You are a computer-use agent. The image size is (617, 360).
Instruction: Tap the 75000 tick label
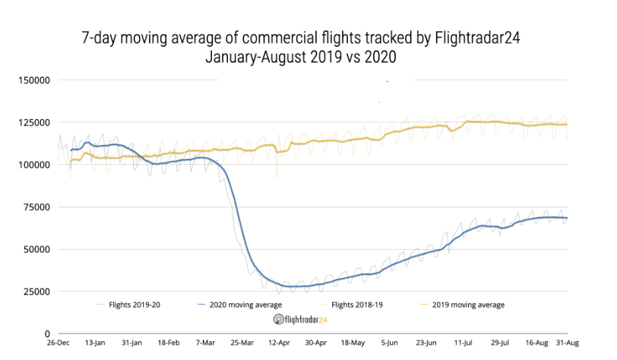click(36, 207)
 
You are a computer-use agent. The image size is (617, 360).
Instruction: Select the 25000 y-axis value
click(36, 291)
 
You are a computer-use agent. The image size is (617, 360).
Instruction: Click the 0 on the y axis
click(46, 333)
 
